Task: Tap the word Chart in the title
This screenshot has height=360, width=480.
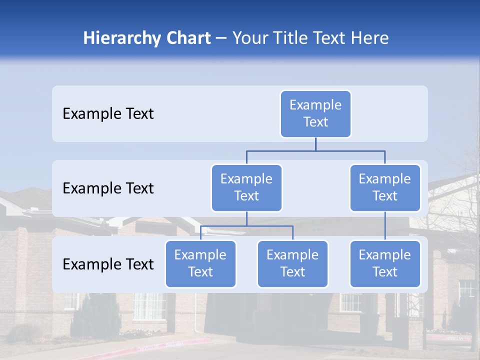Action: pos(186,38)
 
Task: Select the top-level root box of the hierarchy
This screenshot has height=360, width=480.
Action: pos(315,114)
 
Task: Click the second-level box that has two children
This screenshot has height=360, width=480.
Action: pos(246,188)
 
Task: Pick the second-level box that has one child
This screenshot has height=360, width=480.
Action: pos(385,188)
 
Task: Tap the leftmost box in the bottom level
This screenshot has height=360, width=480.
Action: pos(200,264)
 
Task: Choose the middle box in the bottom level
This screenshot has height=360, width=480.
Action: pos(292,264)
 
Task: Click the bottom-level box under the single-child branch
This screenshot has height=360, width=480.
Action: pos(385,264)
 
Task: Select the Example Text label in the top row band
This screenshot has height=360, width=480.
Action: pos(108,114)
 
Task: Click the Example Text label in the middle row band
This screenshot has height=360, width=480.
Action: pos(108,188)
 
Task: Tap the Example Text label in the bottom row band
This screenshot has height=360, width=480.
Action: pos(108,264)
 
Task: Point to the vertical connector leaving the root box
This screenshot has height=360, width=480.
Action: pos(315,144)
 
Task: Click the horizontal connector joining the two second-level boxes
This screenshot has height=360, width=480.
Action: pos(315,150)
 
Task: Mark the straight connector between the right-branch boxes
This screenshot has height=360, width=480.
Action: pos(385,226)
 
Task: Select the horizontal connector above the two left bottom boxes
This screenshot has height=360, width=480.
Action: pos(246,226)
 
